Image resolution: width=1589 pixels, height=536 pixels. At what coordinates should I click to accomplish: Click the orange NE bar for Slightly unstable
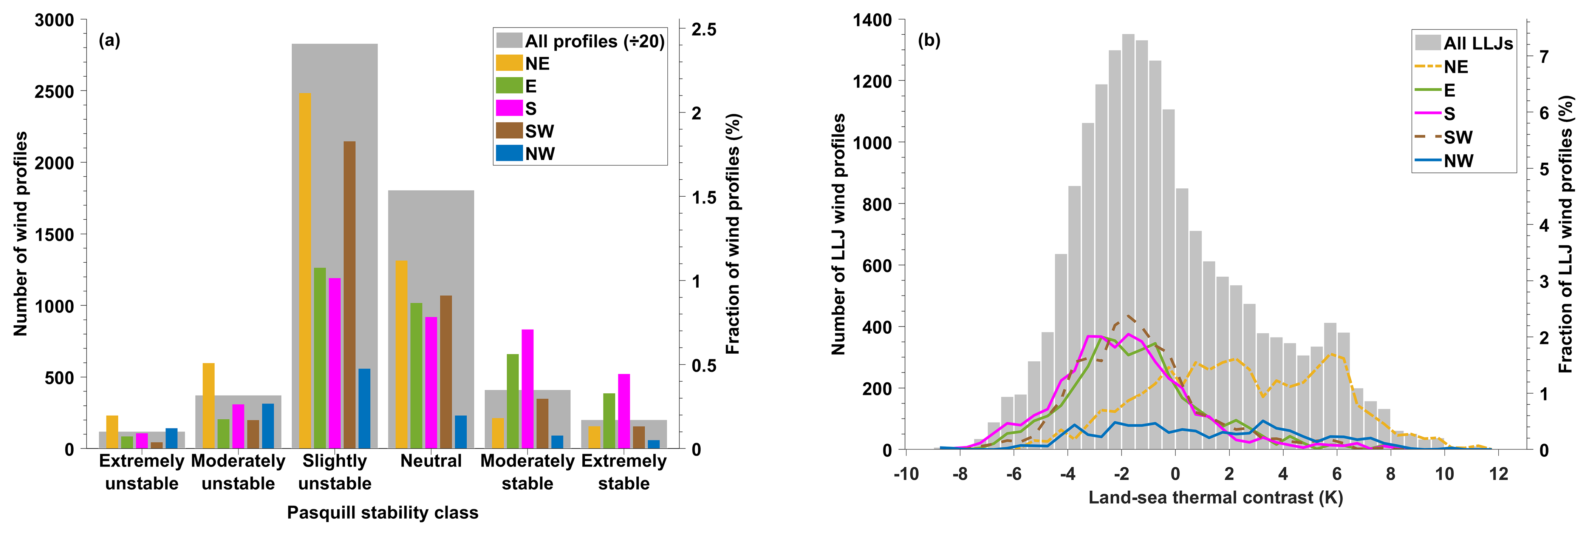[x=305, y=271]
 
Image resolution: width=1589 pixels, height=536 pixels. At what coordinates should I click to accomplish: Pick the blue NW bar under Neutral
[x=461, y=432]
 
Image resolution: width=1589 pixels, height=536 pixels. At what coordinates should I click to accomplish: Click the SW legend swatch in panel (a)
[x=509, y=131]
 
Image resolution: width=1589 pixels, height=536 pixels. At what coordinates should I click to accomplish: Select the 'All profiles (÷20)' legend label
[x=594, y=41]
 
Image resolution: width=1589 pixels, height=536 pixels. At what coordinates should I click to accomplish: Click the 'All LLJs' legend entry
[x=1478, y=43]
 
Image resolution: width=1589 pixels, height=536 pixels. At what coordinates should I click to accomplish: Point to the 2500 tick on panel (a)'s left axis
[x=54, y=92]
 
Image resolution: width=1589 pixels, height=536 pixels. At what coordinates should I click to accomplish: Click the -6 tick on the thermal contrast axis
[x=1013, y=474]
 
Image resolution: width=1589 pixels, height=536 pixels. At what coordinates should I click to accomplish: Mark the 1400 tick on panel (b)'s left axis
[x=872, y=20]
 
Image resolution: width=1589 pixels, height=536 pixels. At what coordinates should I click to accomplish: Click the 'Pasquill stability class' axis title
[x=382, y=513]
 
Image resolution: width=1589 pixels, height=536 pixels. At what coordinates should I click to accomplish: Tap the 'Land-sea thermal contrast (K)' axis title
[x=1215, y=497]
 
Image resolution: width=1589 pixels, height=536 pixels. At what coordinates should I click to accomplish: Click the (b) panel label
[x=929, y=41]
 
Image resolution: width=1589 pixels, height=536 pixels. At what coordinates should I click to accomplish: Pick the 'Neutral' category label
[x=430, y=461]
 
